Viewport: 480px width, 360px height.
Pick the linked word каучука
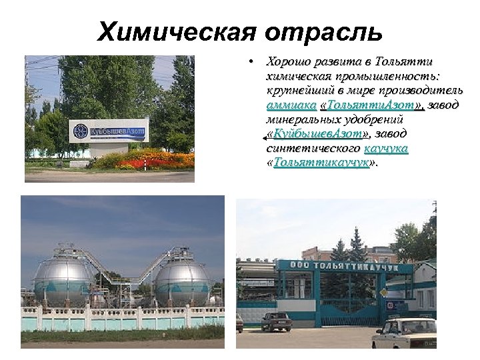pyautogui.click(x=386, y=149)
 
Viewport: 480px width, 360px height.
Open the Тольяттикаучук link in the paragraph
pyautogui.click(x=321, y=163)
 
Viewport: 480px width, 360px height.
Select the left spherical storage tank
pyautogui.click(x=64, y=280)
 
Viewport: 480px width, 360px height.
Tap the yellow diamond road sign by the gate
pyautogui.click(x=381, y=292)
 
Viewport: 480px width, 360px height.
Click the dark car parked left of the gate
pyautogui.click(x=276, y=321)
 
